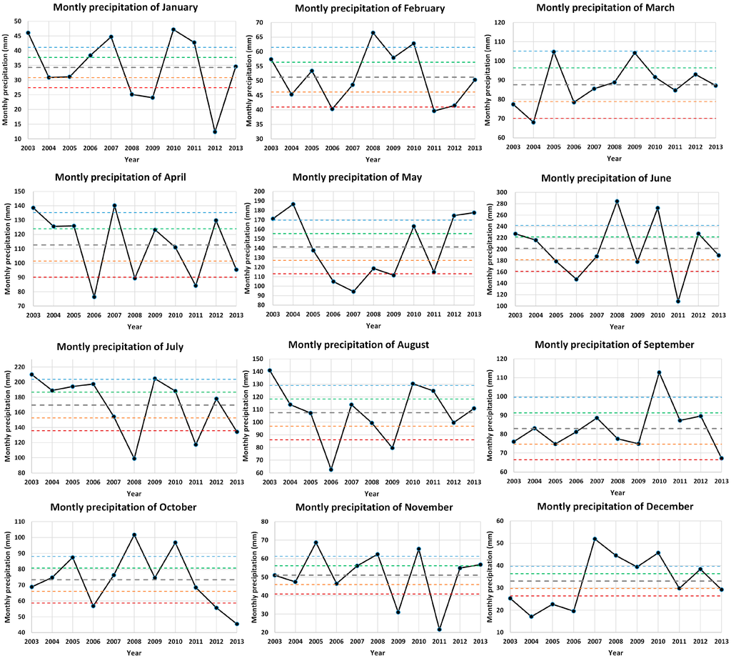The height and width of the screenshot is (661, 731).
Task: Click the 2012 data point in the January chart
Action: pos(215,131)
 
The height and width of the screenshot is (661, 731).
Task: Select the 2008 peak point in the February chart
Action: pos(373,33)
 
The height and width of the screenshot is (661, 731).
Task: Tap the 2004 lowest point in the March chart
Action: pos(533,122)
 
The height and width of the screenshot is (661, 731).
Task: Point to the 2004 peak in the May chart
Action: pos(293,204)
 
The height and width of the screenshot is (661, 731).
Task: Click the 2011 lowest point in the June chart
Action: pos(677,301)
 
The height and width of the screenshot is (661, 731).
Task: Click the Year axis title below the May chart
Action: pos(373,326)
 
